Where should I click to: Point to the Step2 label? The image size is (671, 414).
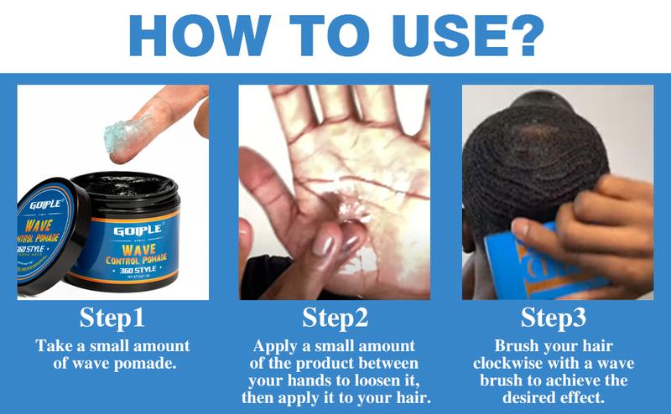click(x=335, y=318)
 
